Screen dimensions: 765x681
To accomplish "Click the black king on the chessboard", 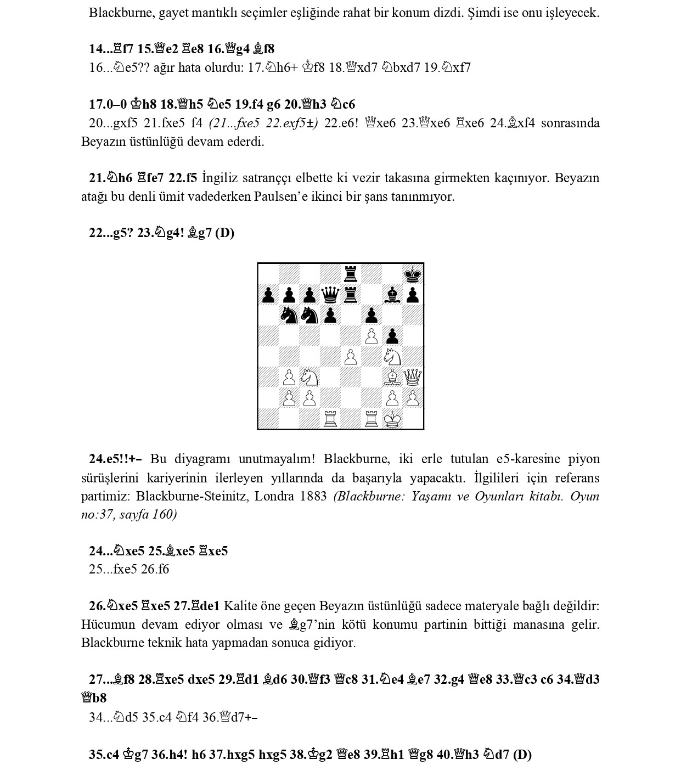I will (x=413, y=274).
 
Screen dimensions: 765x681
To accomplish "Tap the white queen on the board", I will (x=413, y=377).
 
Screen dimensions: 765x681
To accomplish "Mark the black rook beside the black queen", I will (x=351, y=295).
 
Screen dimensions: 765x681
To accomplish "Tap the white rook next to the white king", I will (x=372, y=419).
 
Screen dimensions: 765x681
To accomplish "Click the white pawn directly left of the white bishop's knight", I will (x=289, y=377).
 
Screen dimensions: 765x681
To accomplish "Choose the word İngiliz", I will (x=220, y=178).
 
